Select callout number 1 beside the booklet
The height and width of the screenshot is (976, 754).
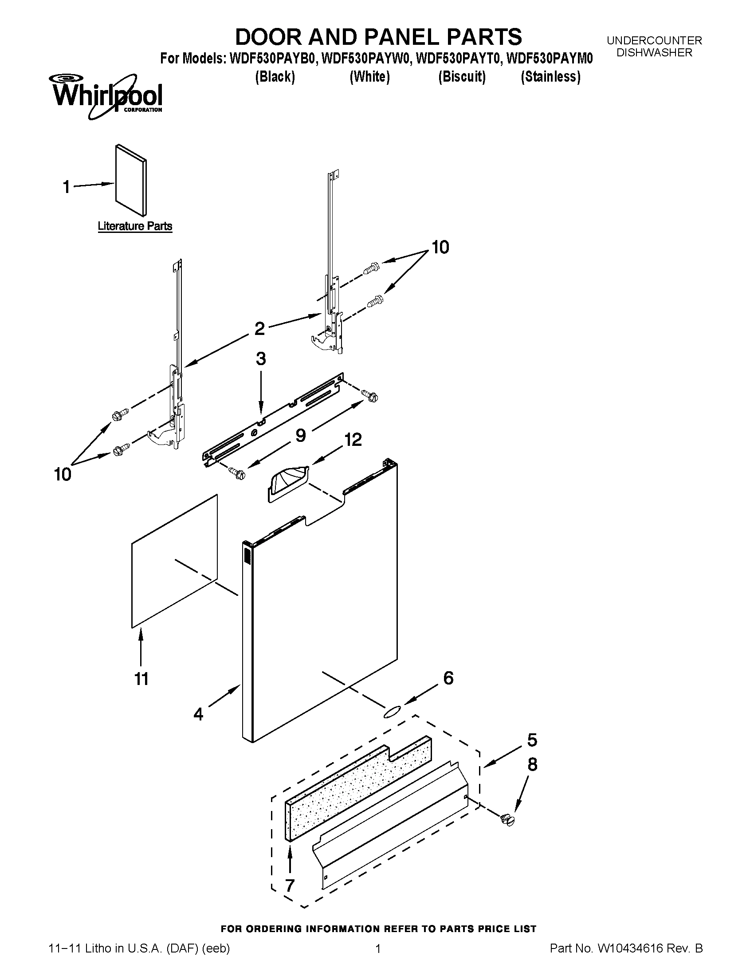click(67, 187)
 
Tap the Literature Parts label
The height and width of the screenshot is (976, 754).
click(135, 226)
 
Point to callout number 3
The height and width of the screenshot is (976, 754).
click(261, 358)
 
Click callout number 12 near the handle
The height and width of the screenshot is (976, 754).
click(353, 440)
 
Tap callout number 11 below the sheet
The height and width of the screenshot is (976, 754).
click(141, 679)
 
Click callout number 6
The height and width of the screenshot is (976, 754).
click(448, 678)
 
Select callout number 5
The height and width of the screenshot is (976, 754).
click(531, 740)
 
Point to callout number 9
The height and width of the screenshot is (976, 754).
click(301, 435)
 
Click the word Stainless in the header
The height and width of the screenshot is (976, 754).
click(550, 77)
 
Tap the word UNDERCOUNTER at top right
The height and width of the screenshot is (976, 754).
click(654, 40)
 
